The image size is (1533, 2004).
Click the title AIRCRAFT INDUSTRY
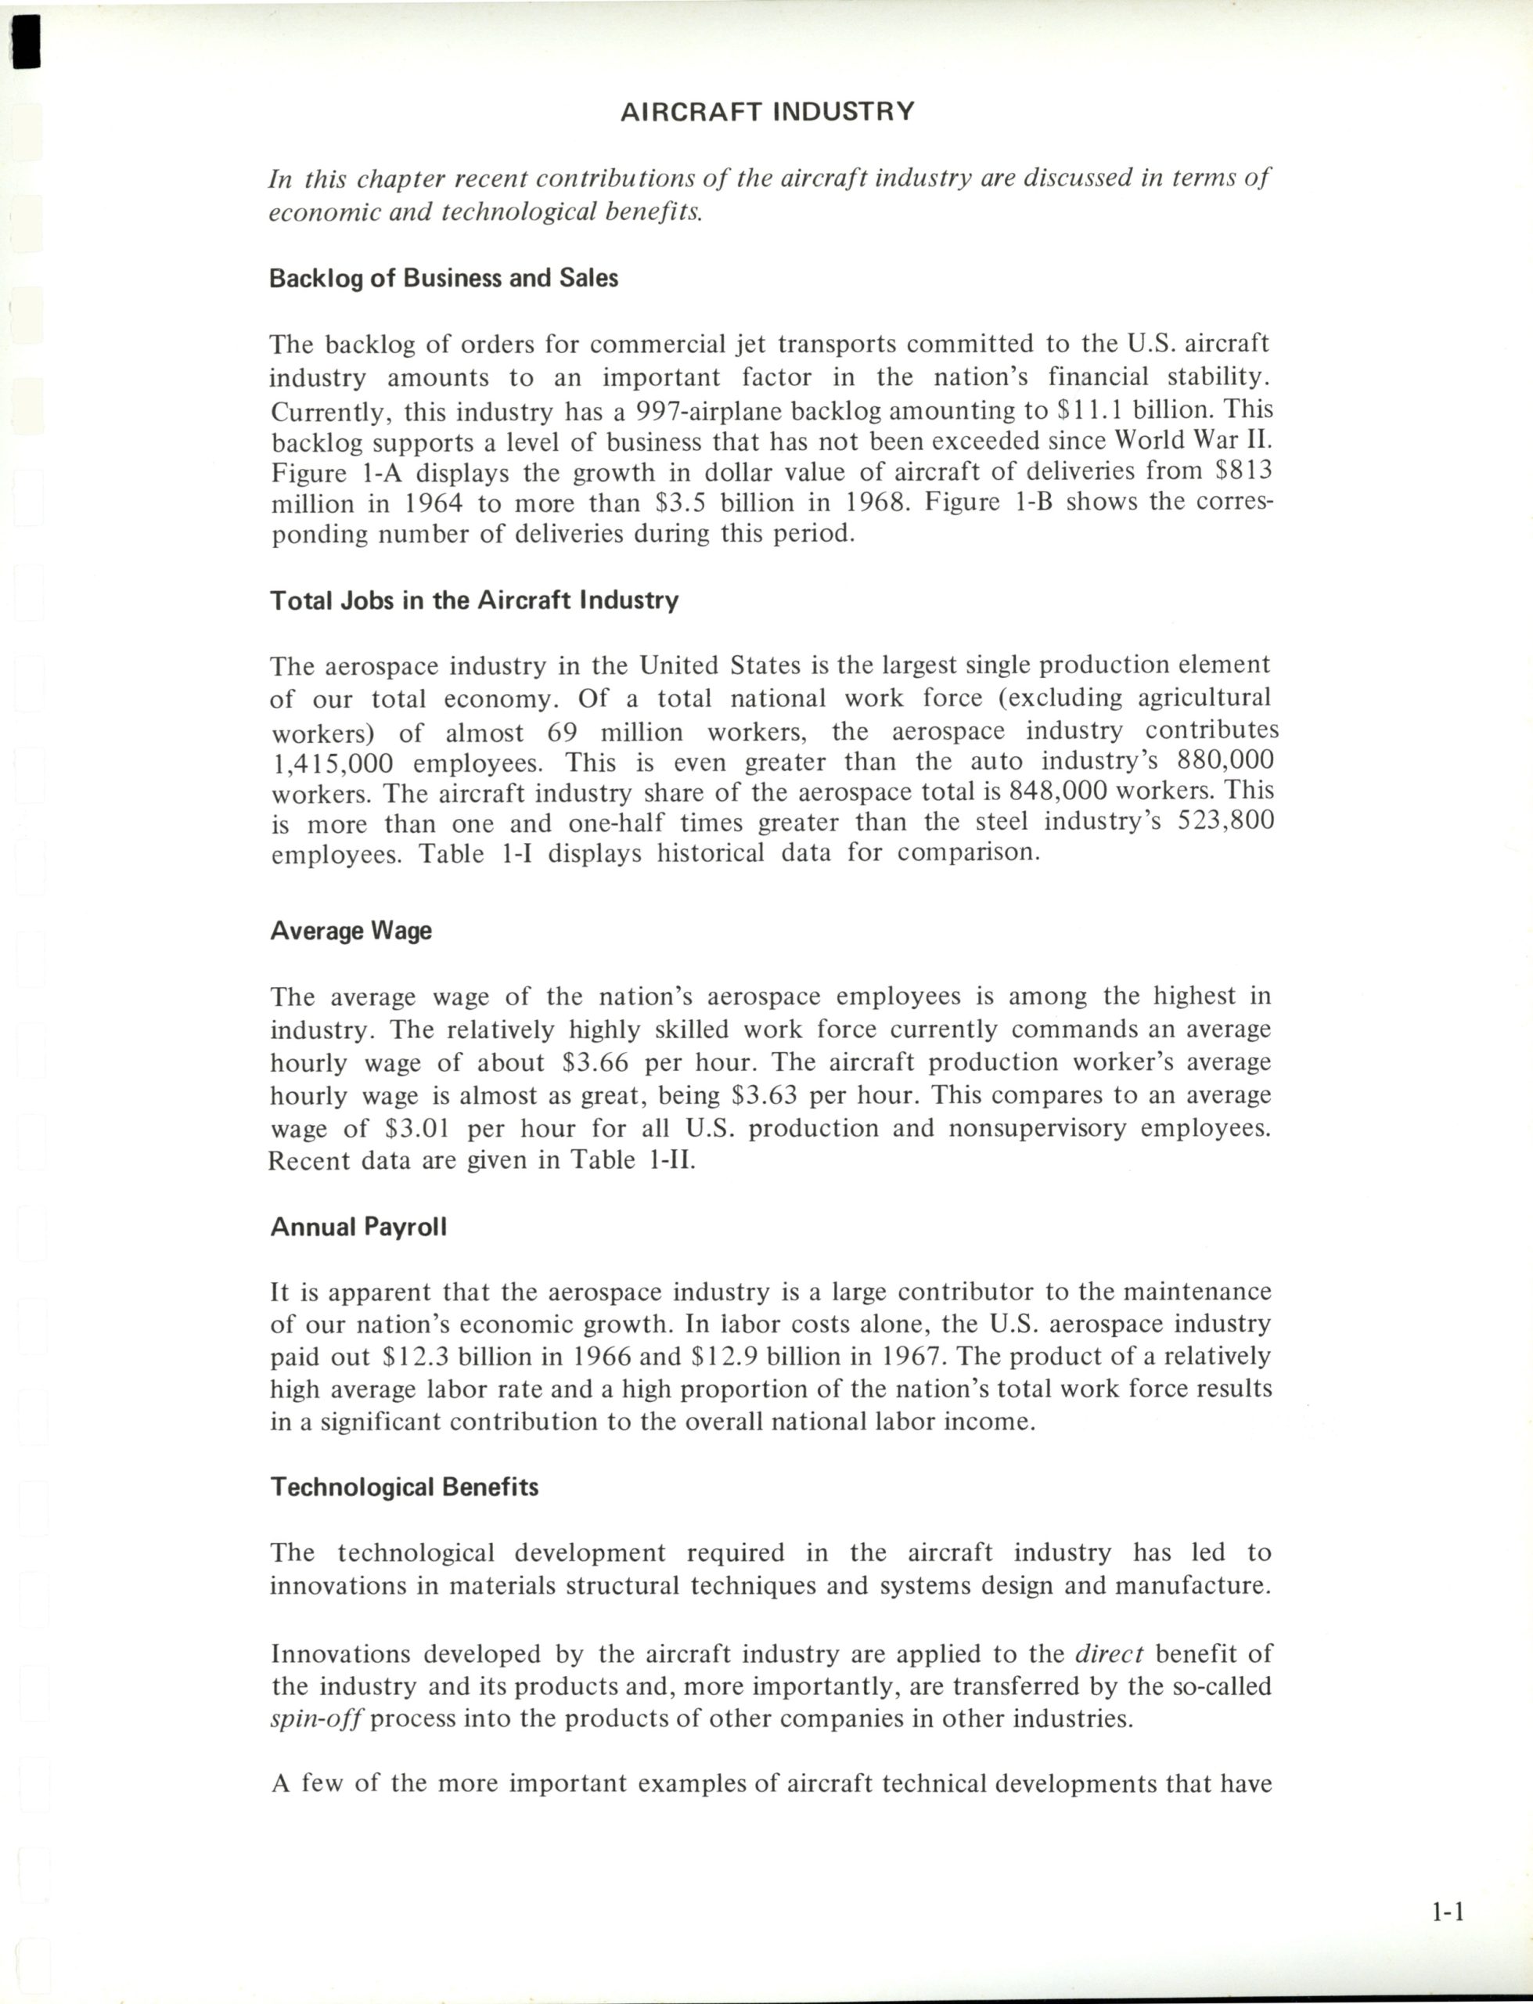pos(767,111)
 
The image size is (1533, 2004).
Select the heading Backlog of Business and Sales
pos(444,279)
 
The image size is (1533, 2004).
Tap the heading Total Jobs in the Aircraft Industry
pos(473,600)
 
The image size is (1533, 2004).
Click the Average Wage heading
pos(351,931)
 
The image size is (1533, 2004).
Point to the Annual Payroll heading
pos(358,1227)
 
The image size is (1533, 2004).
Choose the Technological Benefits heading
pos(405,1487)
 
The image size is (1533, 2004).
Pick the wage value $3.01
pos(418,1129)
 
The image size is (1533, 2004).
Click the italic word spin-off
pos(318,1719)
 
